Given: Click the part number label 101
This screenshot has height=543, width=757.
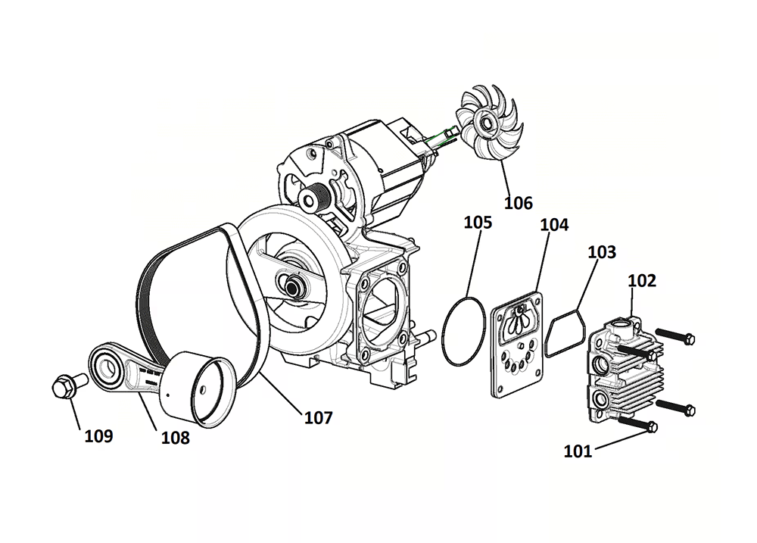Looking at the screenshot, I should click(x=578, y=452).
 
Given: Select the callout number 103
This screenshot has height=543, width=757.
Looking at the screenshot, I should click(x=602, y=252).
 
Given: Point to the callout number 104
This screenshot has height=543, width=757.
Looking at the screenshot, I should click(x=555, y=225).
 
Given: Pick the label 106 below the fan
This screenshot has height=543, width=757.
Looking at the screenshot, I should click(x=518, y=203).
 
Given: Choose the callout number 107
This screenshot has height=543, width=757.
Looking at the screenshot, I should click(x=318, y=417).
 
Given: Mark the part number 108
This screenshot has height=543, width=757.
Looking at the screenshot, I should click(x=175, y=437).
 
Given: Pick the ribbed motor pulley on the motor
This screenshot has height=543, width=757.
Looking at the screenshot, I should click(x=316, y=198).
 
